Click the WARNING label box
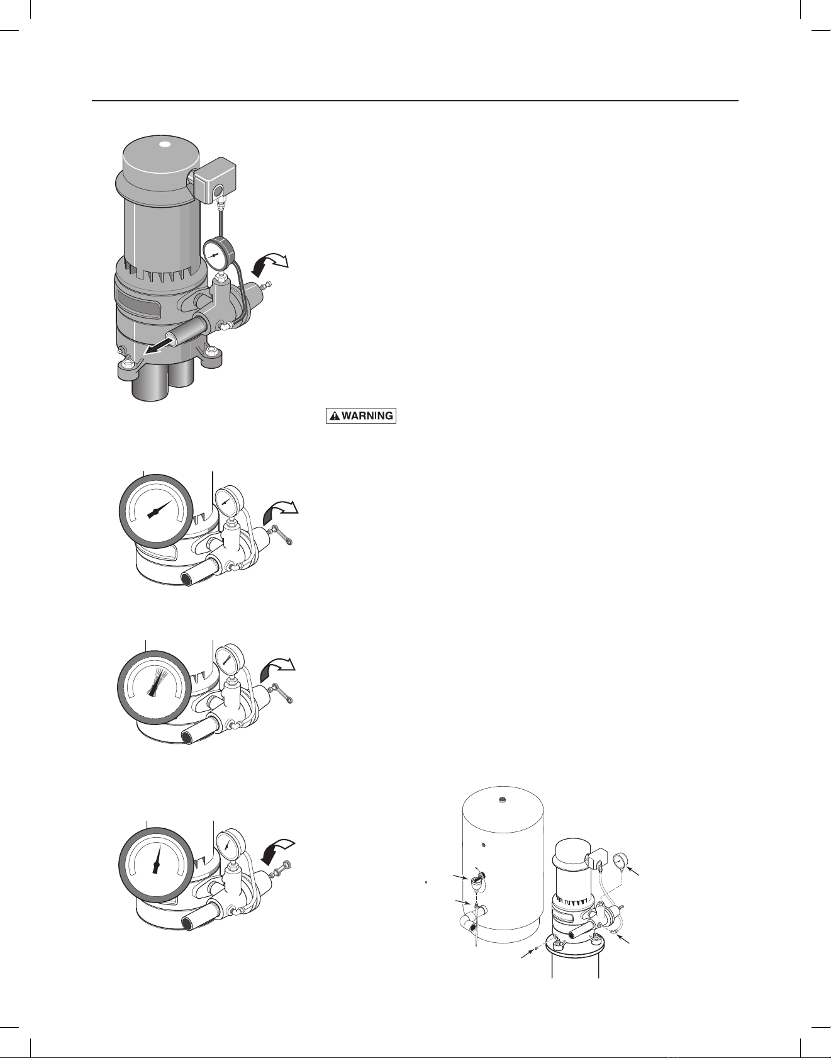coord(361,416)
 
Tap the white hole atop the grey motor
coord(165,144)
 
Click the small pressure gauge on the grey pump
coord(216,256)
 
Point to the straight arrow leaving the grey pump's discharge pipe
coord(157,347)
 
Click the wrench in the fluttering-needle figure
coord(283,695)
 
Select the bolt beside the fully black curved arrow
coord(284,872)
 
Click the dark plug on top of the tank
coord(502,801)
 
